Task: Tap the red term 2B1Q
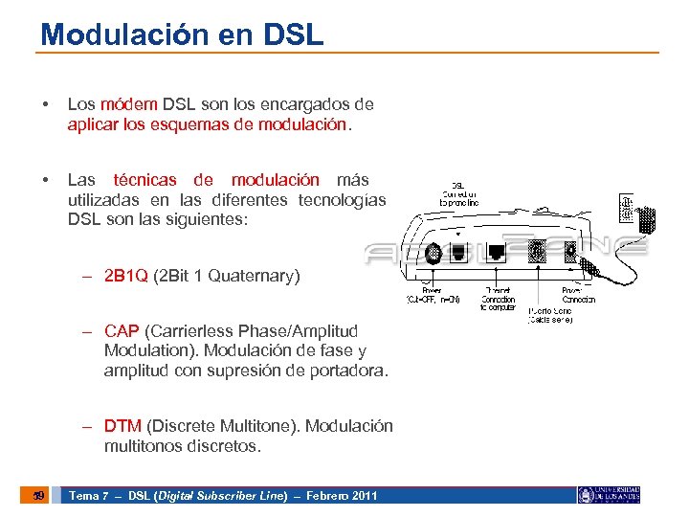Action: coord(126,276)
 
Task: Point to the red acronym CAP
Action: coord(122,331)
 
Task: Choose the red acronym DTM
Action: coord(122,426)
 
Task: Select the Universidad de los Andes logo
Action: coord(610,495)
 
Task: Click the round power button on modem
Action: coord(433,253)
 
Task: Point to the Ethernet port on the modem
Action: coord(498,253)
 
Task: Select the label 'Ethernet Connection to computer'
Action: coord(498,299)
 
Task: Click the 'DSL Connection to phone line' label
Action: coord(458,194)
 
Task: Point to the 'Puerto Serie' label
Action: coord(551,315)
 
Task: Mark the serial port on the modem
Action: coord(536,252)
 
